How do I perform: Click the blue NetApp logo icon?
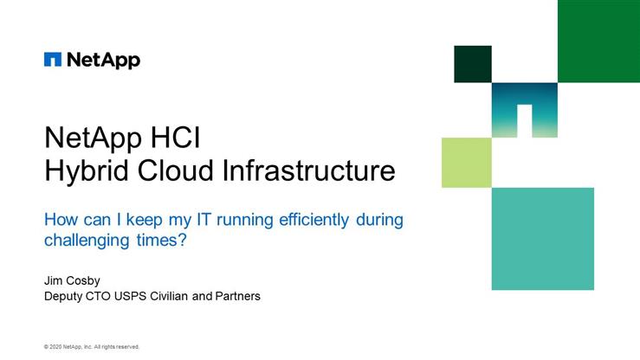pos(53,60)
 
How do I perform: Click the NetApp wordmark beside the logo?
pos(102,60)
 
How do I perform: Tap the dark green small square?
pos(473,64)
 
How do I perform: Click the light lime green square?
pos(467,163)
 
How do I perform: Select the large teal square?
pos(543,238)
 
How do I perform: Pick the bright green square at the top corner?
pos(598,41)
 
